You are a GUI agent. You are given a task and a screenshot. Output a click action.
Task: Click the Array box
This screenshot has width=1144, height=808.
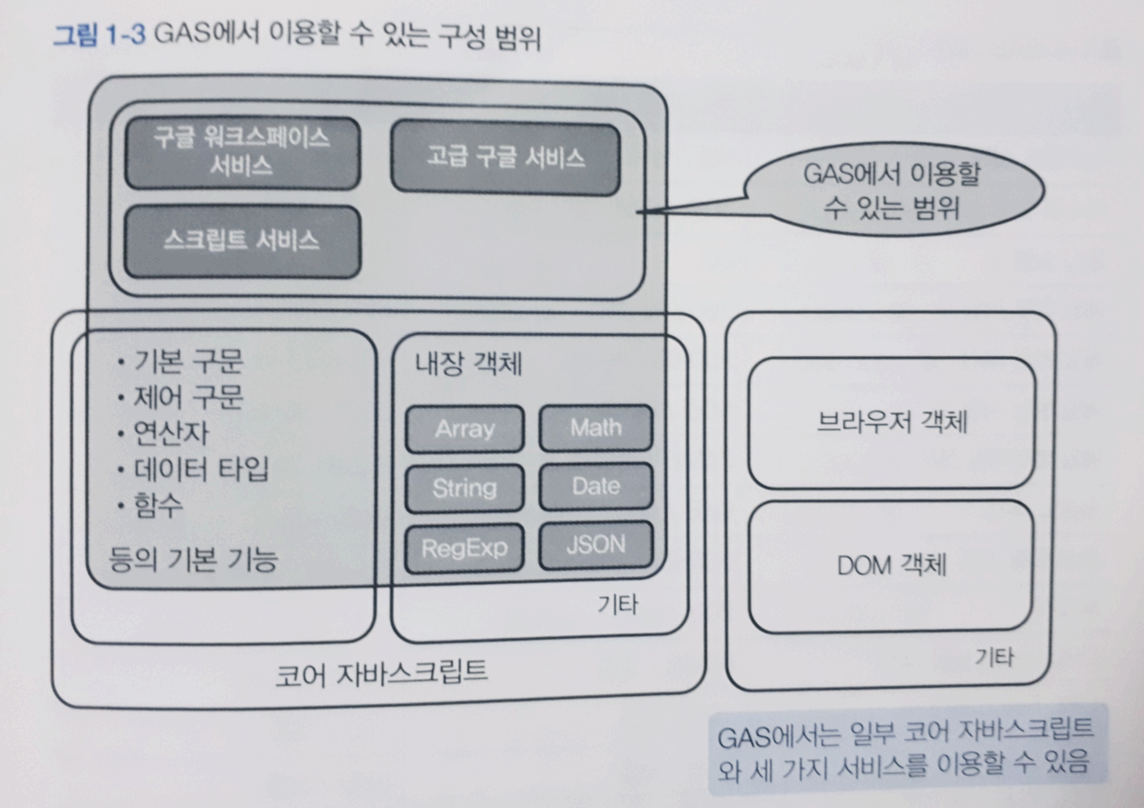pyautogui.click(x=464, y=429)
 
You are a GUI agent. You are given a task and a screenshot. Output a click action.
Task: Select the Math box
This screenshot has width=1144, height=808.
pyautogui.click(x=595, y=428)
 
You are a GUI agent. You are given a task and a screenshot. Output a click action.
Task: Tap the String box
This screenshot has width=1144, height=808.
pyautogui.click(x=464, y=488)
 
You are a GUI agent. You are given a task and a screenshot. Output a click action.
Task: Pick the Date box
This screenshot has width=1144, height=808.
pyautogui.click(x=595, y=487)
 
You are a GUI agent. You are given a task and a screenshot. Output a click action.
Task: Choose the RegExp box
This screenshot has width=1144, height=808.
pyautogui.click(x=464, y=548)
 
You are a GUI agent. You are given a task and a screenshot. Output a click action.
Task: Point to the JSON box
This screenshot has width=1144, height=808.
pyautogui.click(x=595, y=545)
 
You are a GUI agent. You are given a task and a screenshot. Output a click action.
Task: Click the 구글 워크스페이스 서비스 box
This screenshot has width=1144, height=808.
pyautogui.click(x=242, y=151)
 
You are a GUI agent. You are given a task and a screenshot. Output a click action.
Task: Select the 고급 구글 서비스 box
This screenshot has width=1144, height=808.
pyautogui.click(x=505, y=157)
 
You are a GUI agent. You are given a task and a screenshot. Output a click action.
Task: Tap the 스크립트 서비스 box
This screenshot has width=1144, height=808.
pyautogui.click(x=242, y=241)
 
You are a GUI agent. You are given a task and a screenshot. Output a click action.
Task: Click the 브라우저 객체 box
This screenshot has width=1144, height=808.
pyautogui.click(x=891, y=422)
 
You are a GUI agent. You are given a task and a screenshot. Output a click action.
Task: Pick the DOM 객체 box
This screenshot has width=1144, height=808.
pyautogui.click(x=892, y=566)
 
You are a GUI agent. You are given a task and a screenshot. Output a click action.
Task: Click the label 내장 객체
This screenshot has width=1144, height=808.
pyautogui.click(x=469, y=365)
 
